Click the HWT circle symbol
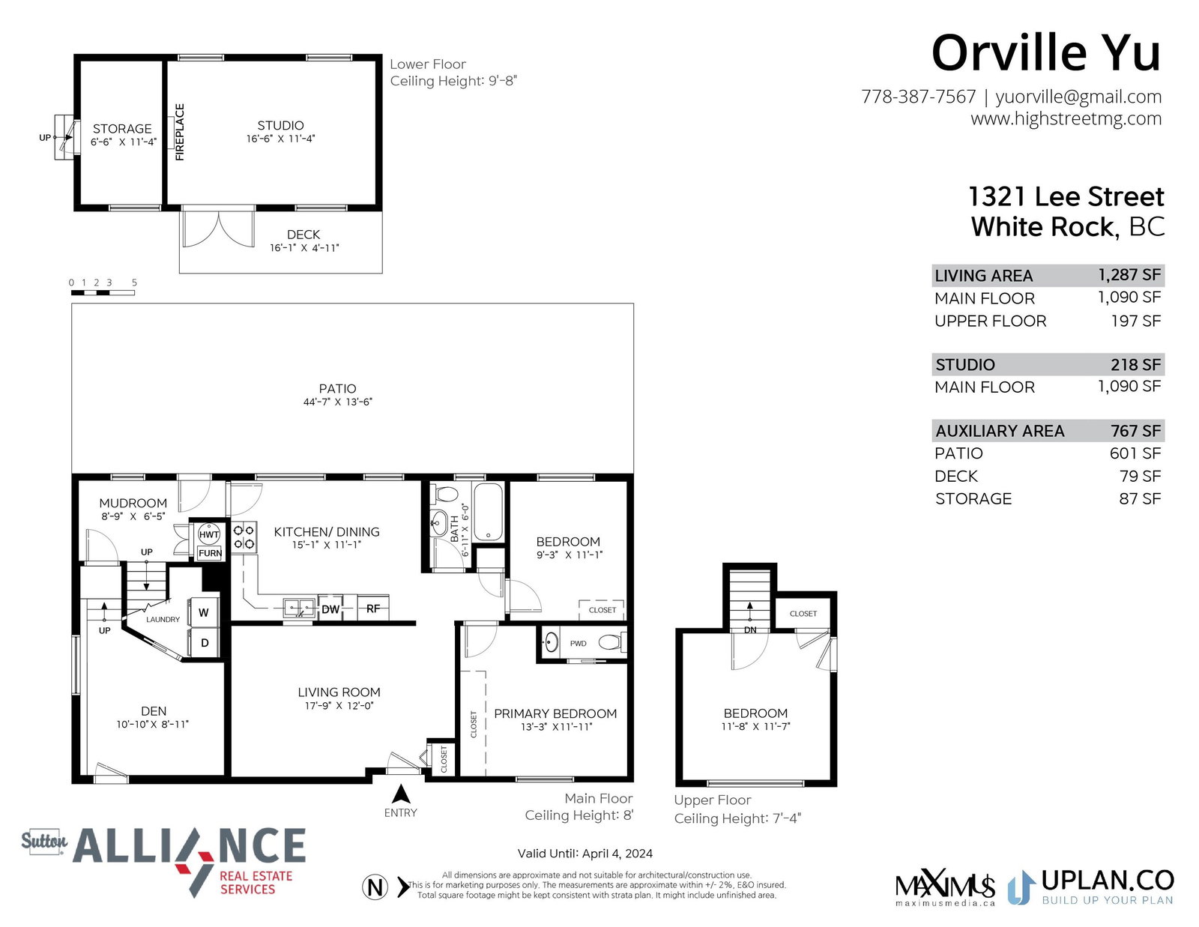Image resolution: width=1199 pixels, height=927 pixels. (x=208, y=534)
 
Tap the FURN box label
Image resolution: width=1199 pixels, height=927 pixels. (x=210, y=553)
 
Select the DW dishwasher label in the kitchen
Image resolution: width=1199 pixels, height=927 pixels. (x=330, y=609)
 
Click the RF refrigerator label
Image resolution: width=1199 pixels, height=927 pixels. (x=373, y=609)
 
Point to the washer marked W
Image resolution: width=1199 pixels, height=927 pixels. (x=204, y=612)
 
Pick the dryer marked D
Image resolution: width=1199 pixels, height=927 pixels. (x=204, y=643)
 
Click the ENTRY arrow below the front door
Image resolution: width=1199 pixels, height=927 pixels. (x=401, y=794)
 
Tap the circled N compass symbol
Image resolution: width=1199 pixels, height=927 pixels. (x=375, y=888)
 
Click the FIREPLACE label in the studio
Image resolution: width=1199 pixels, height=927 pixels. (x=179, y=132)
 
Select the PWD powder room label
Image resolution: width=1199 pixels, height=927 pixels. (x=578, y=644)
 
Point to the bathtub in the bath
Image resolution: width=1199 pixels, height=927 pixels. (x=488, y=513)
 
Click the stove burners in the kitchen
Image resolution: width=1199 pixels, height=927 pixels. (x=244, y=537)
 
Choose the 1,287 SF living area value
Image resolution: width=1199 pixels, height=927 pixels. (x=1129, y=275)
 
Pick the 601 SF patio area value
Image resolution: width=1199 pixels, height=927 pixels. (x=1135, y=453)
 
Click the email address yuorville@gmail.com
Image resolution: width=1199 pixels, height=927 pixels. (x=1078, y=97)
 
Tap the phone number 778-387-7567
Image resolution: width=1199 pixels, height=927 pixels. (x=918, y=97)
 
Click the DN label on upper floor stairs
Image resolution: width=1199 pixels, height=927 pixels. (x=750, y=629)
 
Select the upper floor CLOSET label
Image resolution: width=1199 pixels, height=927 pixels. (x=803, y=614)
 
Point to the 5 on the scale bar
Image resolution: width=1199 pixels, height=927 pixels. (x=134, y=283)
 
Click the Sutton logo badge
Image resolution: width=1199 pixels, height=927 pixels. (x=44, y=841)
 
